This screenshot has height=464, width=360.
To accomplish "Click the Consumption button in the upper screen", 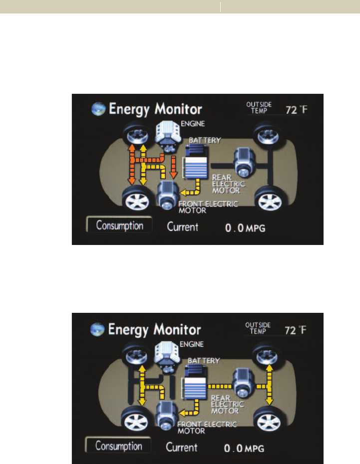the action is pyautogui.click(x=119, y=226).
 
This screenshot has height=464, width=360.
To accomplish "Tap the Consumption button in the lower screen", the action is pyautogui.click(x=119, y=445).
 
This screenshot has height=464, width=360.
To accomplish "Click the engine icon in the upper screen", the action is pyautogui.click(x=168, y=134).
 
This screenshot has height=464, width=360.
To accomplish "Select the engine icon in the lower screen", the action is pyautogui.click(x=168, y=354).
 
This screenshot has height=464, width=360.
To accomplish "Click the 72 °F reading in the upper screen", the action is pyautogui.click(x=296, y=110).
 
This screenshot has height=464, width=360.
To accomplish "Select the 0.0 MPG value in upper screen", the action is pyautogui.click(x=244, y=228).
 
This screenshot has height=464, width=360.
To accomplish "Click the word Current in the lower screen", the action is pyautogui.click(x=182, y=447).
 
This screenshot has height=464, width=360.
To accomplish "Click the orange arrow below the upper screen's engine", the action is pyautogui.click(x=173, y=168).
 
